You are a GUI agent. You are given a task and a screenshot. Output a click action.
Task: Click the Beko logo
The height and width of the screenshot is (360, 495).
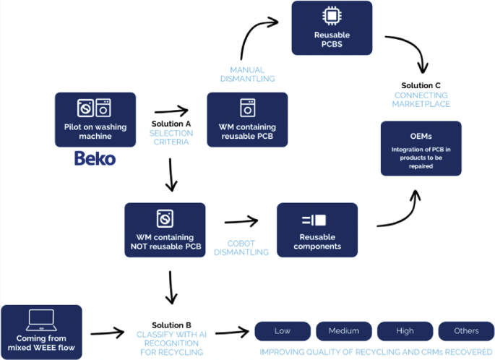[x=95, y=158]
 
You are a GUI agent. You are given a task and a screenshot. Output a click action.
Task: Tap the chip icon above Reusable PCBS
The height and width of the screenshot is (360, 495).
[x=332, y=15]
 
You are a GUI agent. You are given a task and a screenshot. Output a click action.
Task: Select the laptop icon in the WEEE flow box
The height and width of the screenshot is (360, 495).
[x=41, y=320]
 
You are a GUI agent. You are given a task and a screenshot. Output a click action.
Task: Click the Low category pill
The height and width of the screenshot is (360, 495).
[x=283, y=331]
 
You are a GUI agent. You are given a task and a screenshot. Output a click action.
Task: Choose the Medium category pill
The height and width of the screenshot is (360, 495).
[x=344, y=331]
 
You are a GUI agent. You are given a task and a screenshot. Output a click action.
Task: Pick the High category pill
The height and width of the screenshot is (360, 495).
[x=405, y=331]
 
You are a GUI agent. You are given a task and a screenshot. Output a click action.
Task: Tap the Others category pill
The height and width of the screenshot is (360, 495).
[x=466, y=331]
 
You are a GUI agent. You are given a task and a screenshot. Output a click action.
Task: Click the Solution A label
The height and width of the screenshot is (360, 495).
[x=171, y=124]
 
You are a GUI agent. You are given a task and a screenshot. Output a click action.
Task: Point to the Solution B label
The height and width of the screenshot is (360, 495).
[x=171, y=325]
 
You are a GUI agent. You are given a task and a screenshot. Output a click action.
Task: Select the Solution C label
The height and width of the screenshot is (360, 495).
[x=421, y=85]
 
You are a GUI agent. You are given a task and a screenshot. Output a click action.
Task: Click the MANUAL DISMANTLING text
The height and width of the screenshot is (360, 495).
[x=247, y=74]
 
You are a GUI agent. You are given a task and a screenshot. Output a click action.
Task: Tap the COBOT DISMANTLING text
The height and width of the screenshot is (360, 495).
[x=241, y=248]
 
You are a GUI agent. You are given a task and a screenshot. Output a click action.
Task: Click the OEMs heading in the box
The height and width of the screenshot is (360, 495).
[x=421, y=137]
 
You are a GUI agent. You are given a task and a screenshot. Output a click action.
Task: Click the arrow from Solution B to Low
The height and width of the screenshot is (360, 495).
[x=232, y=333]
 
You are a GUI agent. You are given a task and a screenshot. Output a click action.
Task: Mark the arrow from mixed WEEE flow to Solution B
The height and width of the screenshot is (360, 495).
[x=108, y=333]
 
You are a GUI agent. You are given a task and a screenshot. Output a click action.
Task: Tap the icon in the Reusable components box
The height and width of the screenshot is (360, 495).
[x=314, y=220]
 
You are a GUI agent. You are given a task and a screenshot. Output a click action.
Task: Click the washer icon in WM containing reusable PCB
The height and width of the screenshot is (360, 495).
[x=247, y=108]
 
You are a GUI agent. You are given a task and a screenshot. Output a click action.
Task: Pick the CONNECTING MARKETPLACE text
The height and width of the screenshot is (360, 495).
[x=421, y=100]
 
